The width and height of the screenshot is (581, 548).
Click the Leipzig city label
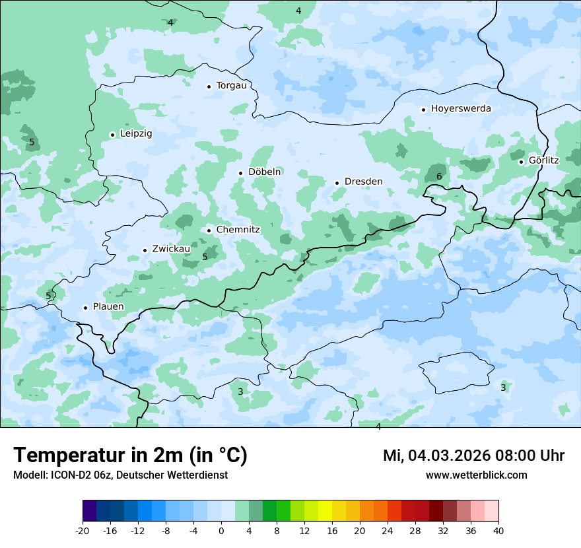pos(136,133)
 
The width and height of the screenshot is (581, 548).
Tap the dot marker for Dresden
pos(337,183)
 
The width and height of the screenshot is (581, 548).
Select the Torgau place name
pos(231,85)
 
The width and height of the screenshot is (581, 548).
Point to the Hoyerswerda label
pos(461,108)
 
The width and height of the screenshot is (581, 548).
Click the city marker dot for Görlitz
pos(521,162)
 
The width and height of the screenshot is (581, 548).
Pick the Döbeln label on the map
pos(265,172)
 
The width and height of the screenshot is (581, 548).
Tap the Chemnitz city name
pos(238,230)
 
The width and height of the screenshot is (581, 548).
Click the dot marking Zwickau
pos(145,250)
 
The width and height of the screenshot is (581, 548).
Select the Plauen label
pos(108,306)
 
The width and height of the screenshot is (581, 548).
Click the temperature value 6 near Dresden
pos(439,176)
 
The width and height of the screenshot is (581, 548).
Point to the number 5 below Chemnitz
pos(205,257)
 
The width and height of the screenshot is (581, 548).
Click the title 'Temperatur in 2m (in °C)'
pos(130,455)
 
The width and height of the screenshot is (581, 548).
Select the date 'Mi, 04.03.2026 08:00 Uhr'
pos(473,456)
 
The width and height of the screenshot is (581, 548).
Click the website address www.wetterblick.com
pos(476,475)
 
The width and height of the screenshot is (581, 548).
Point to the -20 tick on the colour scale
pos(83,530)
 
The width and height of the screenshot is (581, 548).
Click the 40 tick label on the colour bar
pos(498,530)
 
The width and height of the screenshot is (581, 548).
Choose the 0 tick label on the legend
pos(221,530)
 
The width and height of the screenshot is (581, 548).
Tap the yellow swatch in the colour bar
pos(325,511)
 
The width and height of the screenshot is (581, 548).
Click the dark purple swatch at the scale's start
pos(90,511)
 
